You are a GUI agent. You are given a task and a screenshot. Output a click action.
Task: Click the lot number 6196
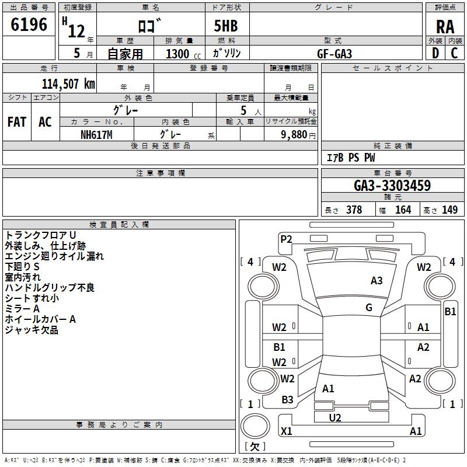(x=29, y=25)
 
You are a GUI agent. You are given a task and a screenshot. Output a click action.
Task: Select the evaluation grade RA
(x=445, y=26)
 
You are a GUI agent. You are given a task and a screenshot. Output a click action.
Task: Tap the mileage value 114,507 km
(x=68, y=84)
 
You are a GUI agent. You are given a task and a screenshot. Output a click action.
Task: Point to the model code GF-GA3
(x=334, y=53)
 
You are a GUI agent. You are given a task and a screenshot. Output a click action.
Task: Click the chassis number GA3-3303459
(x=392, y=186)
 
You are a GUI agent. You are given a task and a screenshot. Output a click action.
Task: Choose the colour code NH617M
(x=96, y=134)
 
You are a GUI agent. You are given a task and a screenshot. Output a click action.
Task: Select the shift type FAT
(x=17, y=121)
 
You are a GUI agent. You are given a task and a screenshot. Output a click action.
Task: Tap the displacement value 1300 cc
(x=177, y=54)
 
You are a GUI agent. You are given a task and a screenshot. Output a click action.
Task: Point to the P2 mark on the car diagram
(x=286, y=239)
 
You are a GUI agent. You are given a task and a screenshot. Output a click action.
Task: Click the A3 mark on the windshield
(x=377, y=281)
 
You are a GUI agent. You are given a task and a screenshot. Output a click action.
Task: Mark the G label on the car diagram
(x=369, y=308)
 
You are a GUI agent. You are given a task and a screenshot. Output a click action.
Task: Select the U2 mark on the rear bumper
(x=335, y=417)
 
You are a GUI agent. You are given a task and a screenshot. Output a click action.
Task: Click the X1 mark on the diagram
(x=287, y=431)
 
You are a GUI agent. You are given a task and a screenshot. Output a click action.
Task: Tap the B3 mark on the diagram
(x=287, y=400)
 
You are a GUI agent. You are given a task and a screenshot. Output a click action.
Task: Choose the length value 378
(x=354, y=210)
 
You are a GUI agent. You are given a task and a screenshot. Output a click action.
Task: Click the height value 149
(x=449, y=210)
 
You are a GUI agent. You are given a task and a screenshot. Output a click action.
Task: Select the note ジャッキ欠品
(x=32, y=330)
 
